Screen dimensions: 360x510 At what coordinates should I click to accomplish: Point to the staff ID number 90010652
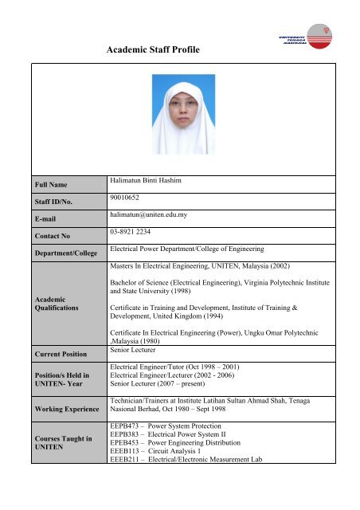(129, 202)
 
